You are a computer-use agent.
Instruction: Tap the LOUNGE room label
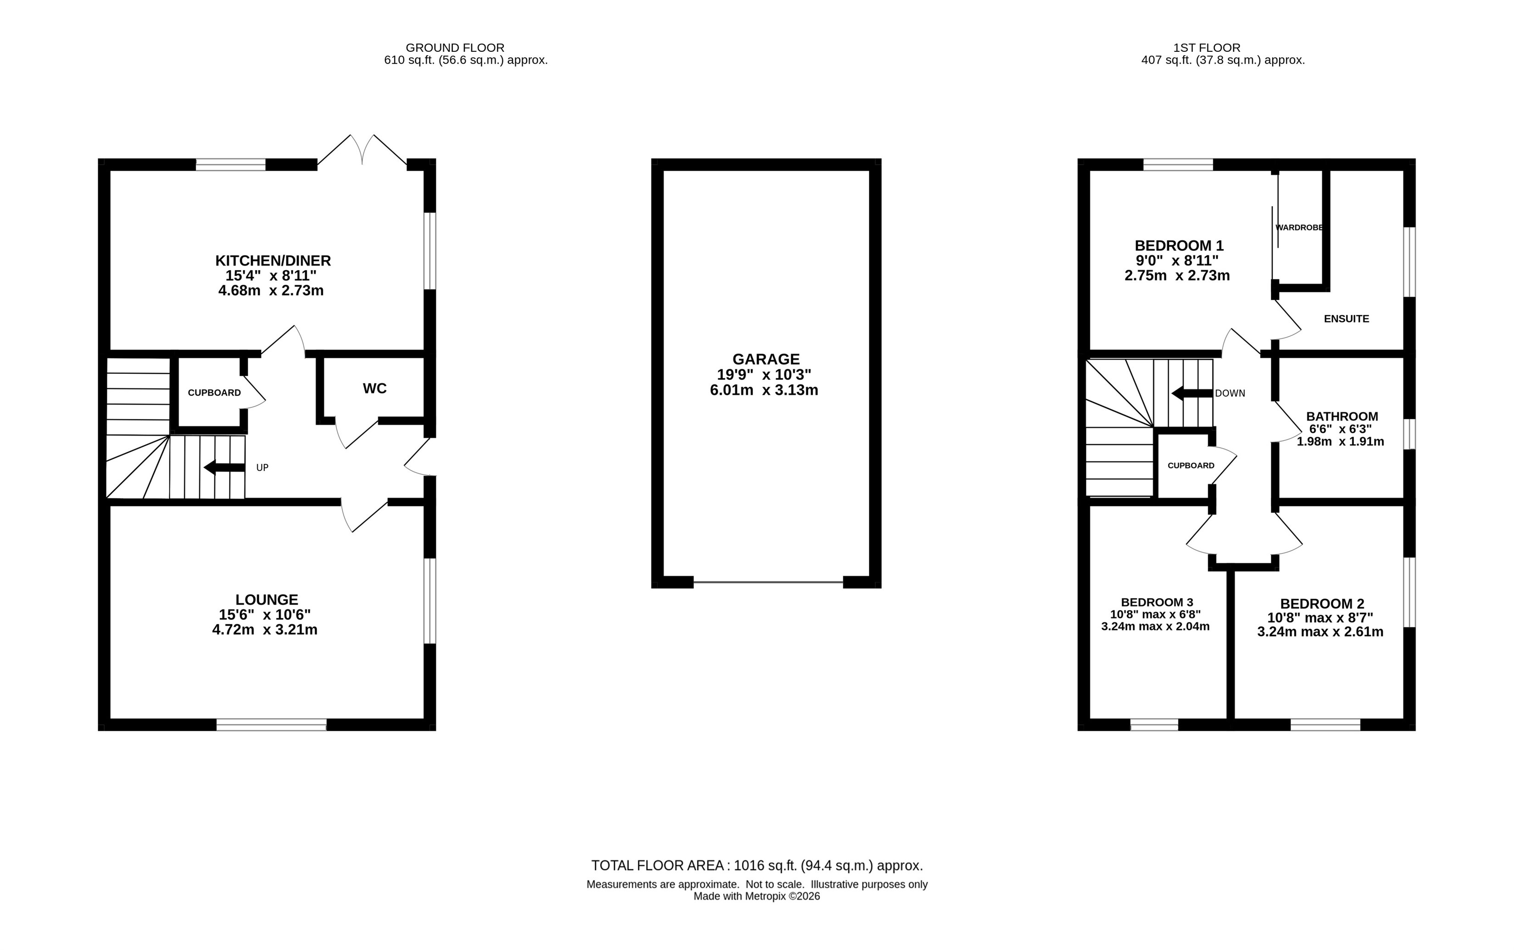[x=267, y=600]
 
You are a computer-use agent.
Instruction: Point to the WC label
[x=374, y=388]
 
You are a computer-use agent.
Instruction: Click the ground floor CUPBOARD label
[x=214, y=393]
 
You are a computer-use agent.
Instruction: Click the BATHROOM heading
[x=1342, y=417]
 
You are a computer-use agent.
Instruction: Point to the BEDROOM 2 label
[x=1322, y=604]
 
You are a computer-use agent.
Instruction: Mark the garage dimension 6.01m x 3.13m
[x=764, y=390]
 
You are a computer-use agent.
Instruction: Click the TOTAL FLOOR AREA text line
[x=757, y=866]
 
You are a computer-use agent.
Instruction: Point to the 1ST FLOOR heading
[x=1207, y=48]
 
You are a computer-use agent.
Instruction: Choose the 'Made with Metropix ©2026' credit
[x=757, y=897]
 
